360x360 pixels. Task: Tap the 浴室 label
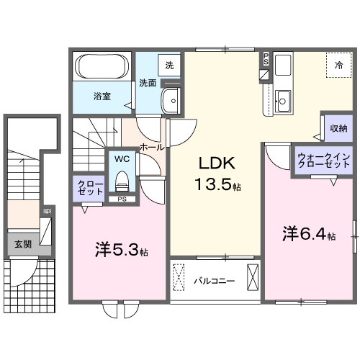(101, 96)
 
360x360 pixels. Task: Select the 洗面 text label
(148, 82)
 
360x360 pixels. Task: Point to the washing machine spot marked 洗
(169, 66)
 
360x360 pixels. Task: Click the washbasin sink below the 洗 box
(171, 102)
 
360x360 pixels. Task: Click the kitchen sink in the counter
(282, 101)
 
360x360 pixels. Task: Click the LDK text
(214, 163)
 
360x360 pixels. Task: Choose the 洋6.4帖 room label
(309, 234)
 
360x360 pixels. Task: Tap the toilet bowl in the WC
(122, 177)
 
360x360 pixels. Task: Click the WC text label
(120, 157)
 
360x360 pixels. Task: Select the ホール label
(151, 146)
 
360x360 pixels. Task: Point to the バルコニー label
(214, 280)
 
